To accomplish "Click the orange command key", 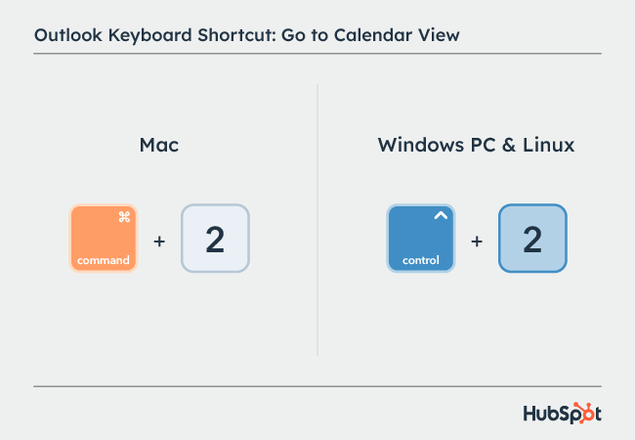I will (x=105, y=238).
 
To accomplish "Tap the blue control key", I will (x=421, y=238).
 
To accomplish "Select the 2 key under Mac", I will (x=215, y=239).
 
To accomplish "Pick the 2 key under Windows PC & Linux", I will (x=532, y=239).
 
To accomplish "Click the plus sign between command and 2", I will (x=159, y=239).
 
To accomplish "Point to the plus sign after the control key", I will (x=477, y=239).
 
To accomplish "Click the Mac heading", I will (x=159, y=146).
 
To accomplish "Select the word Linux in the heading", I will (x=546, y=146).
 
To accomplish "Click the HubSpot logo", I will (x=563, y=413).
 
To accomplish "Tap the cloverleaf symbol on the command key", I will (x=124, y=217).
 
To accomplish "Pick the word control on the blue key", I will (x=421, y=261).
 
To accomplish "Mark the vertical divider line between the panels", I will (x=317, y=220).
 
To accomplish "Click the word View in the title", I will (x=438, y=36).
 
